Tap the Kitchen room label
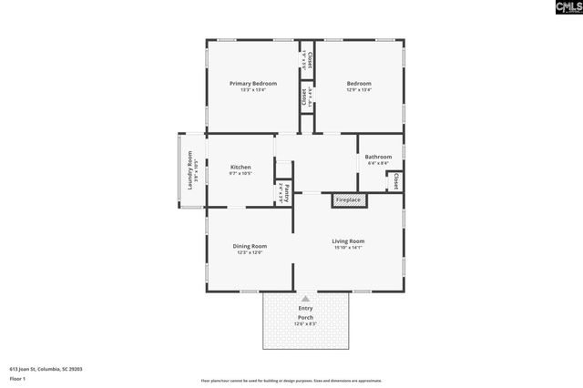tap(240, 167)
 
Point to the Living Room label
tap(348, 240)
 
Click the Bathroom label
tap(378, 157)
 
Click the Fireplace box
tap(348, 199)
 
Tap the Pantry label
tap(287, 192)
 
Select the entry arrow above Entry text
tap(305, 298)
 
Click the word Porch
tap(305, 318)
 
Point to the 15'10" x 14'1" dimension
tap(348, 248)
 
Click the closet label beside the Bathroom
tap(396, 181)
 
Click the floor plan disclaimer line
tap(291, 381)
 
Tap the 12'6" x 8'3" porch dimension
tap(305, 324)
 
